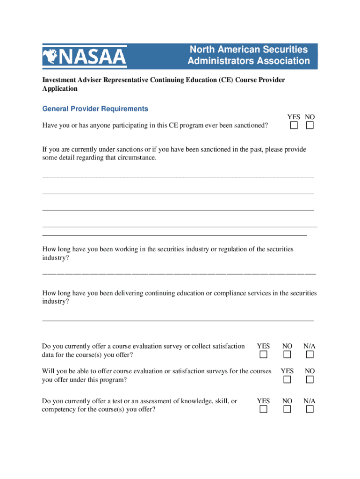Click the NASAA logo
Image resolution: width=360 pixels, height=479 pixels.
point(85,57)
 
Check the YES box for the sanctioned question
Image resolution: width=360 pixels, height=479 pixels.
point(294,125)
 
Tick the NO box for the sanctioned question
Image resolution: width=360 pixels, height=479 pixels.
point(310,125)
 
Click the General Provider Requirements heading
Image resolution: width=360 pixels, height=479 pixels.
point(95,109)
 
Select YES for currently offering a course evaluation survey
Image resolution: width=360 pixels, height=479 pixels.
point(263,355)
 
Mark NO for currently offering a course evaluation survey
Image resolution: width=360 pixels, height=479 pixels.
point(287,355)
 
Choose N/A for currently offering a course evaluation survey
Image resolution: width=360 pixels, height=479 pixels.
point(310,355)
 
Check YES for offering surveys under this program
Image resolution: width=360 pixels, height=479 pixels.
point(287,379)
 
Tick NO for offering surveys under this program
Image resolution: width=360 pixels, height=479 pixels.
point(310,379)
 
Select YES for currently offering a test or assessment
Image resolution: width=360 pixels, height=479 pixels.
point(263,410)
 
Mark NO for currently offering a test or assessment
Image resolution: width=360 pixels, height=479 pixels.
point(287,410)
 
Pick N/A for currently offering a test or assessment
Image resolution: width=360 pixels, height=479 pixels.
point(310,410)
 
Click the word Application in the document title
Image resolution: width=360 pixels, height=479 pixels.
point(60,88)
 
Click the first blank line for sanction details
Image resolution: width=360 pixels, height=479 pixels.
point(178,176)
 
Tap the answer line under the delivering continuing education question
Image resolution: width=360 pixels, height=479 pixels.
point(178,320)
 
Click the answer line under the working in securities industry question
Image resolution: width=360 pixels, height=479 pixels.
point(178,272)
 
